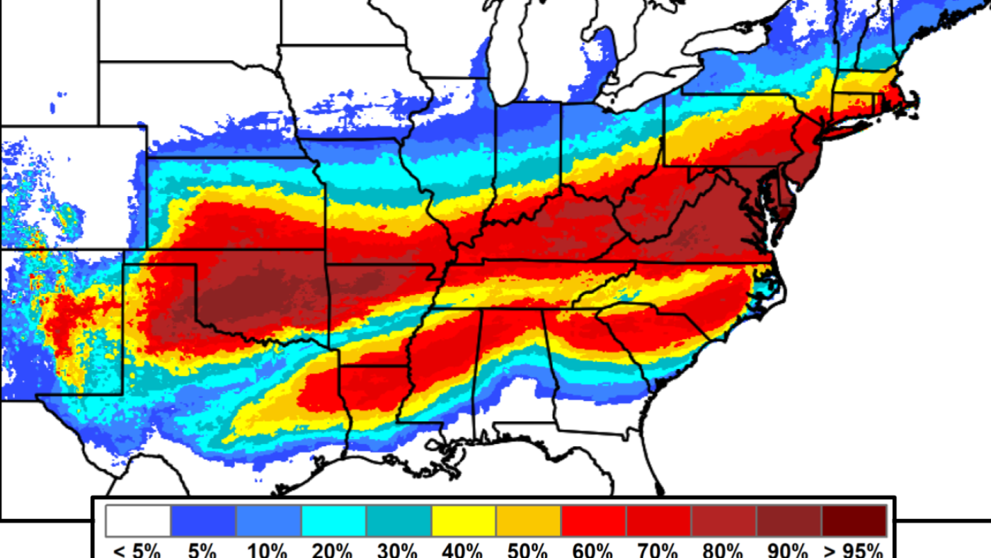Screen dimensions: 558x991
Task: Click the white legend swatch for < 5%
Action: point(138,520)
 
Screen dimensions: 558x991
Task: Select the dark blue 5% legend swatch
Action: point(203,520)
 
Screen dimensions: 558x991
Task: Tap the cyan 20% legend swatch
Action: point(333,520)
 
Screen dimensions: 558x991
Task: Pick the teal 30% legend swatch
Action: point(399,520)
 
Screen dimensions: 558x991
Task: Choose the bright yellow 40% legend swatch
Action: point(464,520)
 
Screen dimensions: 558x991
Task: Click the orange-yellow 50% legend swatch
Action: point(529,520)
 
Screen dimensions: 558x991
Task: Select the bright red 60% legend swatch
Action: point(593,520)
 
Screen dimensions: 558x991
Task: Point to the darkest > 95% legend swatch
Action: point(854,520)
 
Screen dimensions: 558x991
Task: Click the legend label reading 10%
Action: point(268,550)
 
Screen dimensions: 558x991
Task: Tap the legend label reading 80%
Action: point(723,550)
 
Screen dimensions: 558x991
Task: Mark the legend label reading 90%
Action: point(789,550)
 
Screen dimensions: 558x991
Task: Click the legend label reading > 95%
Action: point(854,550)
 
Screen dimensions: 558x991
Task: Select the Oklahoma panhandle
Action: point(159,257)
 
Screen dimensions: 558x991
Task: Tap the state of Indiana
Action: point(527,152)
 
